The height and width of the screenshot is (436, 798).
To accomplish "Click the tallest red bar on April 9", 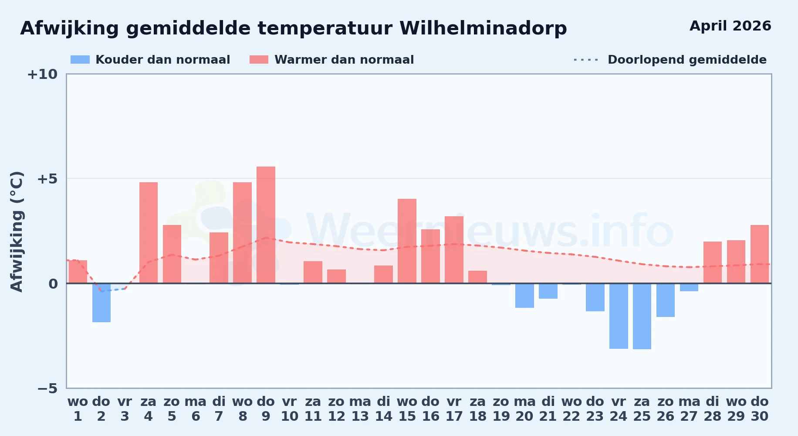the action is [266, 225].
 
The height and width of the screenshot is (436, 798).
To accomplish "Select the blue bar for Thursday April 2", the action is [101, 303].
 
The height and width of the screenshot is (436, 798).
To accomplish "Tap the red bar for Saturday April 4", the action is [149, 233].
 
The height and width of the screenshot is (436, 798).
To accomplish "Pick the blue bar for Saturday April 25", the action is [642, 316].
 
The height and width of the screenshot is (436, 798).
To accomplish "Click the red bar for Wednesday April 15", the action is [407, 241].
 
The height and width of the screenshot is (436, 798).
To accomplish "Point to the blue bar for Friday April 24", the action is [619, 316].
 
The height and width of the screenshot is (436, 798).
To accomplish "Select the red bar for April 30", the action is [760, 254].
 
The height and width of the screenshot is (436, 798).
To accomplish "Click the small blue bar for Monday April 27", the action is [689, 287].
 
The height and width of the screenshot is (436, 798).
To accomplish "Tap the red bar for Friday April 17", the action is [454, 250].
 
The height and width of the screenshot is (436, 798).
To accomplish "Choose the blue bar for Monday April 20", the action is [524, 296].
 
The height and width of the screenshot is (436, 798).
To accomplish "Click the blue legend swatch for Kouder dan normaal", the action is [80, 60].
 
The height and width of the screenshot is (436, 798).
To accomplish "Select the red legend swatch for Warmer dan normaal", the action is [259, 60].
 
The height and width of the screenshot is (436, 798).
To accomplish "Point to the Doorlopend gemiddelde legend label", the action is [687, 60].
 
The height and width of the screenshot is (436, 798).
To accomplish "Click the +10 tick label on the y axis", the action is [42, 74].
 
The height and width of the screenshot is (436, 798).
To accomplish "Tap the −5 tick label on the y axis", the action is [47, 388].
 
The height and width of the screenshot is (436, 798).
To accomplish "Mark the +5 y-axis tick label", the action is [47, 179].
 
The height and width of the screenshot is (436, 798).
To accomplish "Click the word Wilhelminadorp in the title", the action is [483, 28].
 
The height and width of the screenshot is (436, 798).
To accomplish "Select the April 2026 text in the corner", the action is [730, 26].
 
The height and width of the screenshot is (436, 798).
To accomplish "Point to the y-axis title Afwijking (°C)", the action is [17, 232].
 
